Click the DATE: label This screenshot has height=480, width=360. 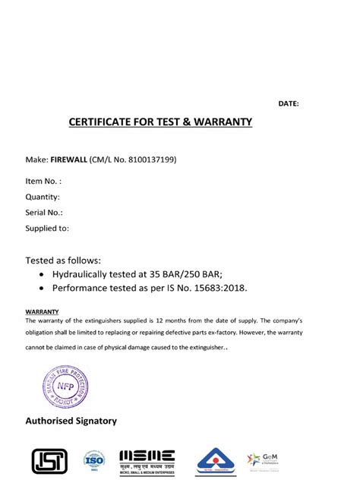[x=289, y=103]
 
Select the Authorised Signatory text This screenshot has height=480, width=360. [x=71, y=420]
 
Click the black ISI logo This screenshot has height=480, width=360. [x=49, y=460]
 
